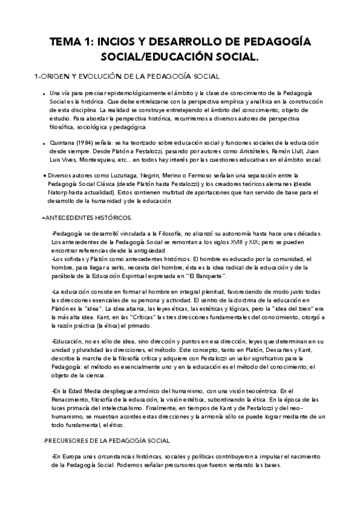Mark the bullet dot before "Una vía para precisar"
coord(44,94)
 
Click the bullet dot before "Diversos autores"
coord(44,174)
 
